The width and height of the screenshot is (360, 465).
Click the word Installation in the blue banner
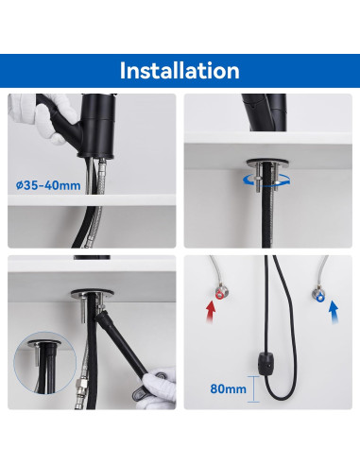(180, 71)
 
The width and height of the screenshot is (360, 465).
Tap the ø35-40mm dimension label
(48, 185)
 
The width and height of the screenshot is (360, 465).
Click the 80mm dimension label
(229, 388)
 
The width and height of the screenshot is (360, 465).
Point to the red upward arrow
(211, 312)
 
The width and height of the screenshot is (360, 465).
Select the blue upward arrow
(334, 312)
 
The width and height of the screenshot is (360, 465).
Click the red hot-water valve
(218, 294)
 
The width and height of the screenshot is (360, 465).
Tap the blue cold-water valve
(318, 295)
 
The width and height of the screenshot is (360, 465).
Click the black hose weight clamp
(266, 364)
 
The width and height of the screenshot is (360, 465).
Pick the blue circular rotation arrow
(266, 181)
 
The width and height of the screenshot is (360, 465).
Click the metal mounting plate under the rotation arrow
(267, 163)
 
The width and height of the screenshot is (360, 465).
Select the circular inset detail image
(45, 362)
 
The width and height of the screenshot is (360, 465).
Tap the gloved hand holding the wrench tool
(159, 387)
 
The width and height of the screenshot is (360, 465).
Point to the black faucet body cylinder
(97, 126)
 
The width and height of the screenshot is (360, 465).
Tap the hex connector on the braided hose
(81, 385)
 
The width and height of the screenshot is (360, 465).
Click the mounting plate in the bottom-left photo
(92, 294)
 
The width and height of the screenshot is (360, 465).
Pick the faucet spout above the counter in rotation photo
(266, 112)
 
